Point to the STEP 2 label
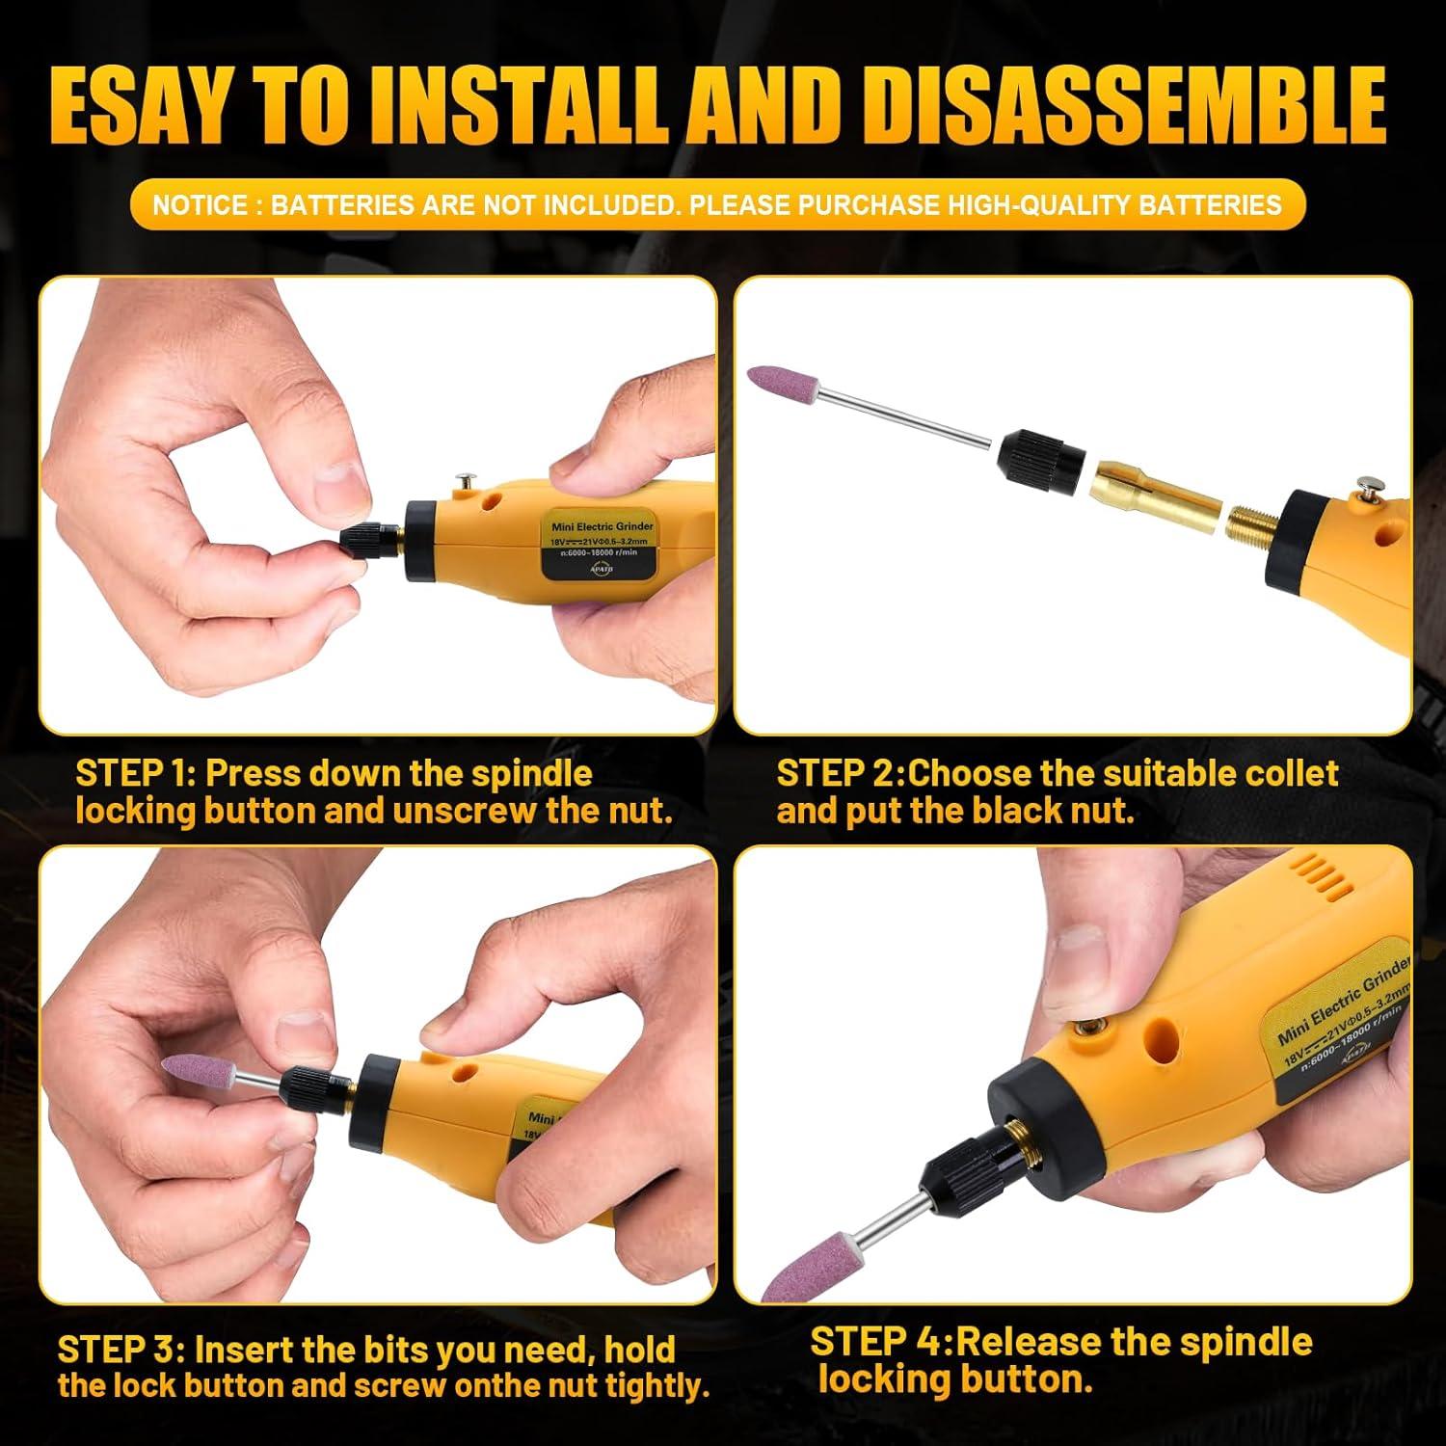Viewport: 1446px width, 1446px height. pyautogui.click(x=838, y=773)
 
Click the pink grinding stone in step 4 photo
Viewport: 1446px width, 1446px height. pyautogui.click(x=811, y=1264)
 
